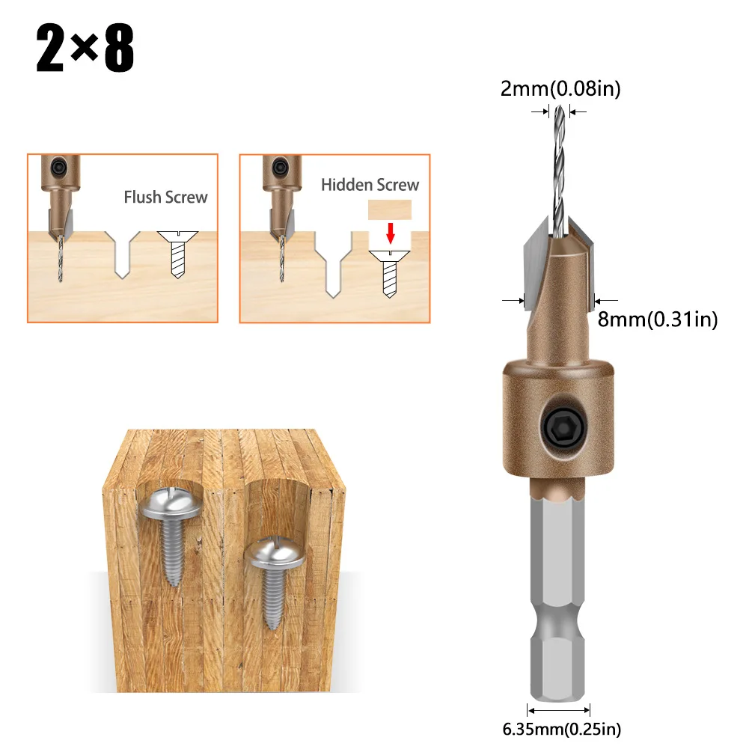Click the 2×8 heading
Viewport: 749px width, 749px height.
pos(85,49)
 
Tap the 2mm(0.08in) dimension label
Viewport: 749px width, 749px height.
pos(560,89)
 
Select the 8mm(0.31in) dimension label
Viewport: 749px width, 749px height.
pos(658,320)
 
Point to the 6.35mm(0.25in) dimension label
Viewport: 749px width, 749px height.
pos(561,728)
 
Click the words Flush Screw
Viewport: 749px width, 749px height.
pos(165,198)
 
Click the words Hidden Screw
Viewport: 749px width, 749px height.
pos(370,185)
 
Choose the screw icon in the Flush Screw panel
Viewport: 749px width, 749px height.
pos(177,254)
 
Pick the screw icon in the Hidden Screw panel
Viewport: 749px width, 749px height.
pos(390,274)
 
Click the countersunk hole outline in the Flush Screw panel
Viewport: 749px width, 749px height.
pos(123,254)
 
